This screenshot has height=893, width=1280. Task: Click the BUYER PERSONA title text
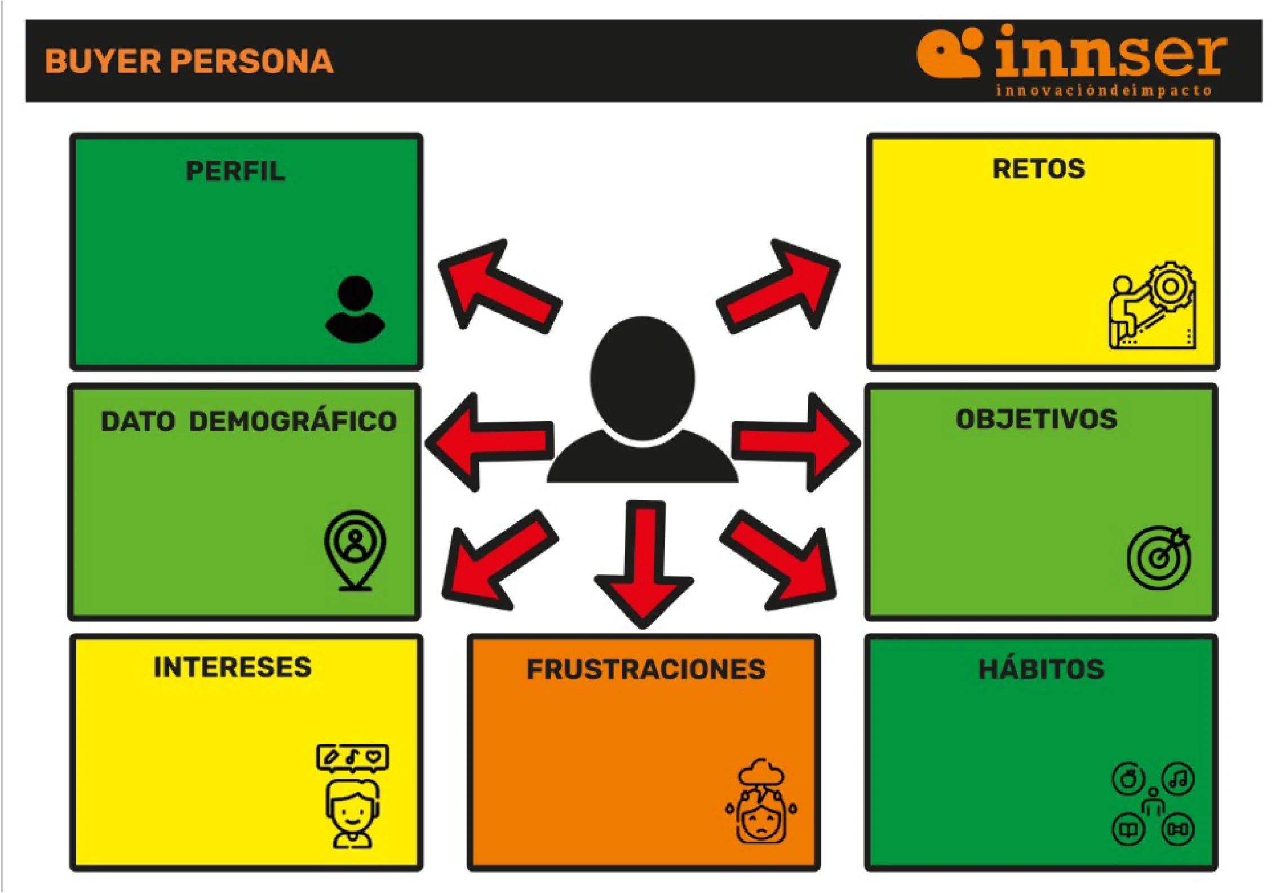[189, 61]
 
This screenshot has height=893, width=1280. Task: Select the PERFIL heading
[235, 171]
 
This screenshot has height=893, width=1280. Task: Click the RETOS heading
[1038, 169]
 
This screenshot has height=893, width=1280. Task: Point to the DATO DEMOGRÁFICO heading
[249, 421]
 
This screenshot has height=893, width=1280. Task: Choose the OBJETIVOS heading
[1036, 419]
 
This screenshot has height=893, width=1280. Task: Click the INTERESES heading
[232, 667]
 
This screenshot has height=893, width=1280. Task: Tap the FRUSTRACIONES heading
[646, 669]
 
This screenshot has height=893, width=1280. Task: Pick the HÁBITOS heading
[1041, 669]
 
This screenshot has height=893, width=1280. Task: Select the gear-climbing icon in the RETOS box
[1152, 305]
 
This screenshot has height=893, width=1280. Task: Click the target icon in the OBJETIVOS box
[1159, 557]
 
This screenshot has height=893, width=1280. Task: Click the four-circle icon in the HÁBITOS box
[1153, 804]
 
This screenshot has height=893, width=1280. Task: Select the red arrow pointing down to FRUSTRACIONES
[644, 564]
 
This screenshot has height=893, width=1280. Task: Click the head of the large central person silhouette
[642, 378]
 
